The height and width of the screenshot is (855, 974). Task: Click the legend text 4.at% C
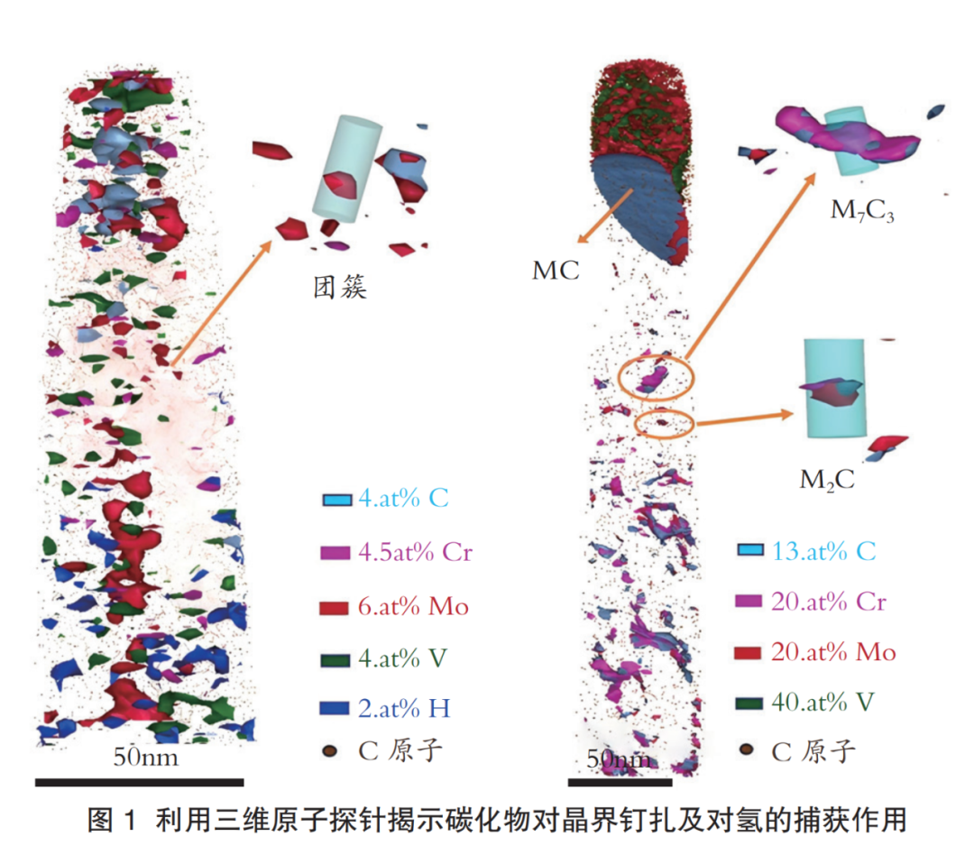403,499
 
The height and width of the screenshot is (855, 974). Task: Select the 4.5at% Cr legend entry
415,552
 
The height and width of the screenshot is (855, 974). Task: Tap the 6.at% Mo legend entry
413,606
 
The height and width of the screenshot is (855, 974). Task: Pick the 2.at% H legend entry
404,708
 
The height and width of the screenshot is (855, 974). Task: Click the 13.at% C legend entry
823,551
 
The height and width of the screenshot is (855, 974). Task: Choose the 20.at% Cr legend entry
829,602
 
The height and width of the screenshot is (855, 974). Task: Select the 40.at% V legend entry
822,703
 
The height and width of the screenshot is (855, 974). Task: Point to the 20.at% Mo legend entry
833,652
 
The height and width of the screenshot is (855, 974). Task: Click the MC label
556,271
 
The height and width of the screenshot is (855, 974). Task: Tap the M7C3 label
862,211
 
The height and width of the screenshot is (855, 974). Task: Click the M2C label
827,480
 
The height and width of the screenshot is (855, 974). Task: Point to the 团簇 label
340,287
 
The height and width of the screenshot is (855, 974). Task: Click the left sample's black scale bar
139,782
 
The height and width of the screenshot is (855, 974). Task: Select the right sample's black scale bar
620,782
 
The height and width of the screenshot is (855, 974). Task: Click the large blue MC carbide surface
634,204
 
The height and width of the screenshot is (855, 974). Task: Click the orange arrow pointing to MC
605,216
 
